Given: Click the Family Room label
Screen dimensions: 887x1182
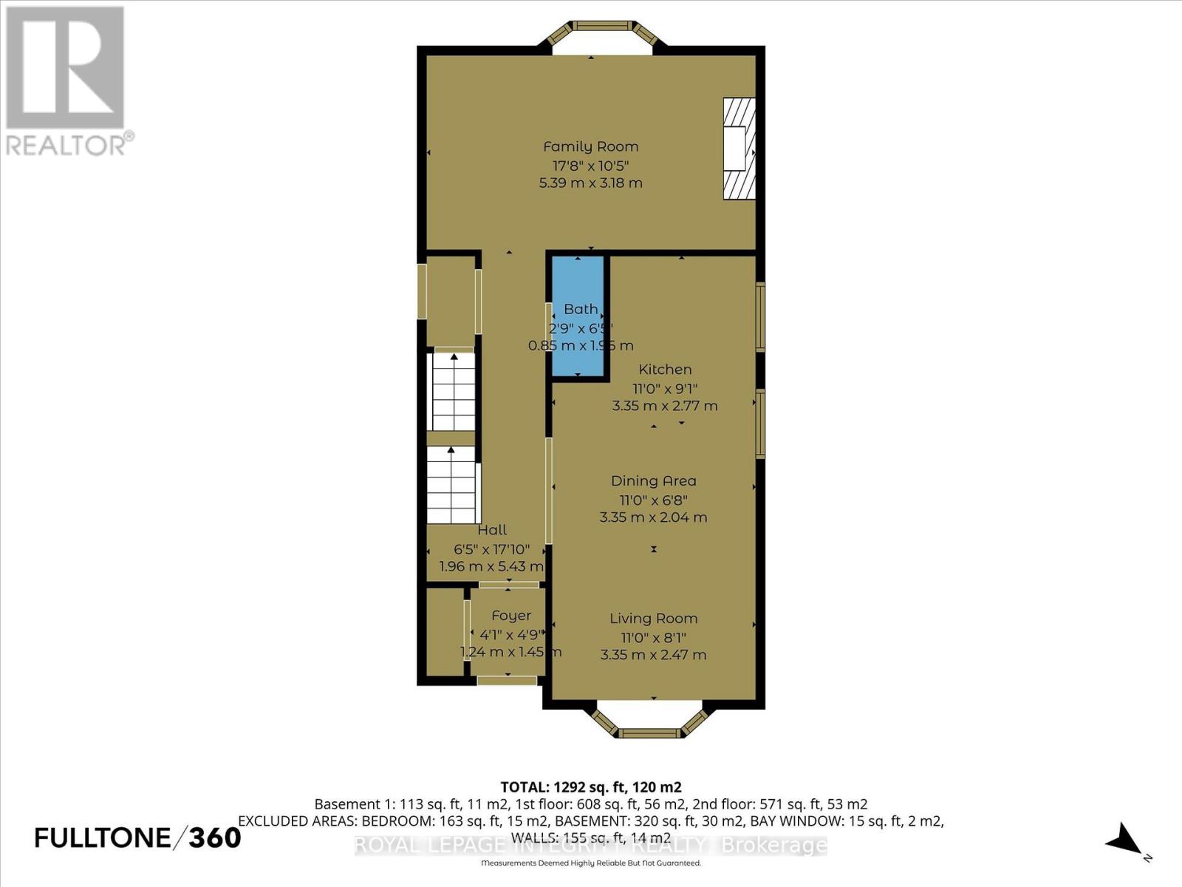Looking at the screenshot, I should click(x=590, y=146).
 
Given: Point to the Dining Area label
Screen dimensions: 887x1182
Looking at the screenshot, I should click(x=653, y=481).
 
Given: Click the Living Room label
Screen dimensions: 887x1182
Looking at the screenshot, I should click(x=653, y=619).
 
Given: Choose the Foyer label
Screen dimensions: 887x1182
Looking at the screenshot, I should click(x=510, y=616).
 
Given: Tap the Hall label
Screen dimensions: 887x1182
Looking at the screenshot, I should click(x=492, y=530).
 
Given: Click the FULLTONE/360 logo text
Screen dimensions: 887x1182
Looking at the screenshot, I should click(x=138, y=837).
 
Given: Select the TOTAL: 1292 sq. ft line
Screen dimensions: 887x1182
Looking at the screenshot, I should click(x=590, y=787).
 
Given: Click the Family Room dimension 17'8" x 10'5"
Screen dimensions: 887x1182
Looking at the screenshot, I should click(x=590, y=165).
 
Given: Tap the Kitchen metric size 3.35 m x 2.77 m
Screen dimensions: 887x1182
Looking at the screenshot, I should click(x=664, y=406).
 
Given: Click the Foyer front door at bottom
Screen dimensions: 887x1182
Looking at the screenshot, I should click(x=507, y=680).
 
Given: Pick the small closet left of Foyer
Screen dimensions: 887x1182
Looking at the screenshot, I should click(x=444, y=632).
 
